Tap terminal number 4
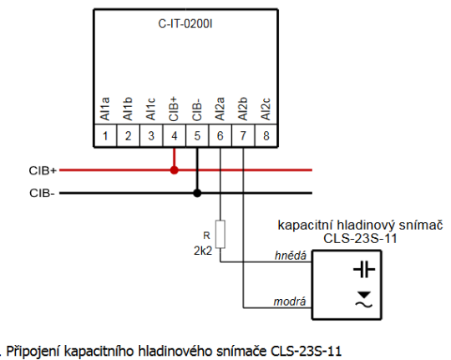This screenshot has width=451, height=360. [x=174, y=135]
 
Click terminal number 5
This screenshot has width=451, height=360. [x=196, y=135]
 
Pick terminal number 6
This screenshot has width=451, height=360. [x=220, y=135]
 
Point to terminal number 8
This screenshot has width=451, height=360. [x=265, y=135]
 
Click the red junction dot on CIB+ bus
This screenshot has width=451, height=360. [x=174, y=170]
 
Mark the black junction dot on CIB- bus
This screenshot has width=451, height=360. [x=196, y=193]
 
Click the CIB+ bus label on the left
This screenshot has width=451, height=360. [x=43, y=170]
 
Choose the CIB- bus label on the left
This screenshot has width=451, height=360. [x=42, y=193]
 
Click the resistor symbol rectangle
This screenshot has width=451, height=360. [x=220, y=232]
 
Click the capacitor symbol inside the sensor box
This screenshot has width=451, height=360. [x=362, y=269]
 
